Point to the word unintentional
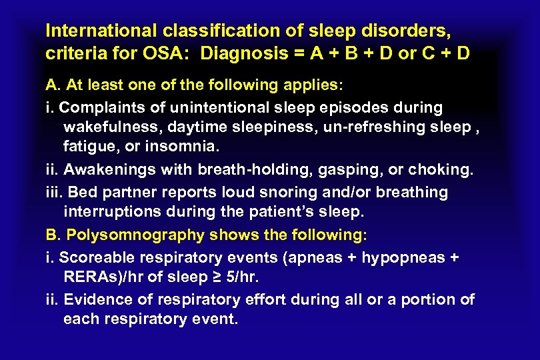[x=213, y=107]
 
